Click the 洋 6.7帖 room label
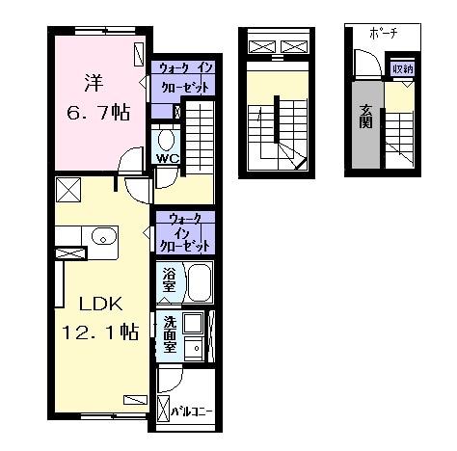pyautogui.click(x=98, y=97)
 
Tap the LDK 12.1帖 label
pyautogui.click(x=100, y=318)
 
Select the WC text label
pyautogui.click(x=168, y=158)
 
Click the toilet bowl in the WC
pyautogui.click(x=166, y=140)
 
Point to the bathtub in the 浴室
pyautogui.click(x=200, y=282)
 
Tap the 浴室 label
pyautogui.click(x=169, y=280)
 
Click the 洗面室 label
pyautogui.click(x=170, y=334)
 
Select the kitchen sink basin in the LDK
pyautogui.click(x=103, y=237)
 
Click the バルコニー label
pyautogui.click(x=192, y=411)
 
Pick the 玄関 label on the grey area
pyautogui.click(x=366, y=117)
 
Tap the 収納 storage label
pyautogui.click(x=403, y=68)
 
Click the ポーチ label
pyautogui.click(x=384, y=33)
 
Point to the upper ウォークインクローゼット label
pyautogui.click(x=186, y=77)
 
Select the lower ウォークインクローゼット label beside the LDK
pyautogui.click(x=185, y=233)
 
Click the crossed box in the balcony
pyautogui.click(x=163, y=409)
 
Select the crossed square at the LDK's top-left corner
pyautogui.click(x=68, y=190)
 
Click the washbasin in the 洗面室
pyautogui.click(x=194, y=348)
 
